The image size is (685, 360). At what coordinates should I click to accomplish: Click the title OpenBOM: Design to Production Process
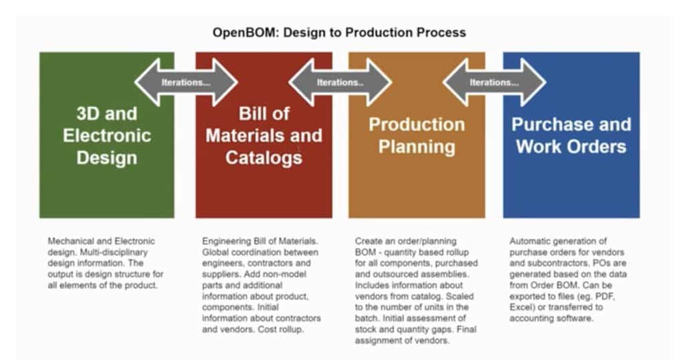click(339, 32)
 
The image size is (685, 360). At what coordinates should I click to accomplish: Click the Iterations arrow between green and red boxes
click(186, 82)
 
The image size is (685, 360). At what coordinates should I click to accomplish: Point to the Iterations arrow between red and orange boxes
click(340, 82)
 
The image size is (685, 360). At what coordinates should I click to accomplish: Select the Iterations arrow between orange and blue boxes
click(494, 82)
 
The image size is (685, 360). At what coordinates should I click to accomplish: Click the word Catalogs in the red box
click(264, 158)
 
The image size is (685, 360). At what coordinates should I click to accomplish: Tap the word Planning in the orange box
click(417, 147)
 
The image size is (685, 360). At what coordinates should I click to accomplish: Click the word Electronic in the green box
click(107, 135)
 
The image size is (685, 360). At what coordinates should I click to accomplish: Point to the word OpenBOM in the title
click(246, 32)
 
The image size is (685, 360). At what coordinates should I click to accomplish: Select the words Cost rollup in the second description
click(280, 329)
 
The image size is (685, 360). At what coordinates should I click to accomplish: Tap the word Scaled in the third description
click(460, 296)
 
